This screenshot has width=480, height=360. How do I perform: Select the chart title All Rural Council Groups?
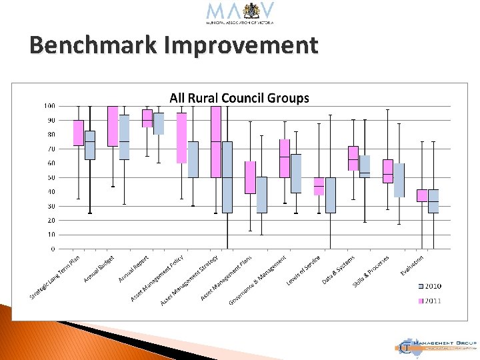pyautogui.click(x=239, y=98)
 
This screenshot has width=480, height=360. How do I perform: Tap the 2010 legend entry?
pyautogui.click(x=429, y=286)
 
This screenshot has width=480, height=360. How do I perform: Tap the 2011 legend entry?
pyautogui.click(x=429, y=301)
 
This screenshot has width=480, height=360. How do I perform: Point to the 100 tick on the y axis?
pyautogui.click(x=49, y=106)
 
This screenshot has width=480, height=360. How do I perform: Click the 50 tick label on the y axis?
pyautogui.click(x=51, y=177)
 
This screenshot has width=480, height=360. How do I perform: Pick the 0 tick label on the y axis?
pyautogui.click(x=53, y=249)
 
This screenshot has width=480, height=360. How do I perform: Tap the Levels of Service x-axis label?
pyautogui.click(x=304, y=271)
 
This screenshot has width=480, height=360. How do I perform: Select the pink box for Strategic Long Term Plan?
pyautogui.click(x=78, y=133)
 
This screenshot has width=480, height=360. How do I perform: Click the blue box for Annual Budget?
pyautogui.click(x=124, y=137)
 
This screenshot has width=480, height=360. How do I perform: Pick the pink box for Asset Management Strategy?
pyautogui.click(x=216, y=141)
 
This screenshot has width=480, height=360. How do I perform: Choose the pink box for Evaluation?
pyautogui.click(x=422, y=195)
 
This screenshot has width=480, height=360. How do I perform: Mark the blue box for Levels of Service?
pyautogui.click(x=331, y=195)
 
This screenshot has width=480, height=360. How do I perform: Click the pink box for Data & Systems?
pyautogui.click(x=353, y=158)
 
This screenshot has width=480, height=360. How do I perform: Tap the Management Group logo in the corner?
pyautogui.click(x=437, y=345)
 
